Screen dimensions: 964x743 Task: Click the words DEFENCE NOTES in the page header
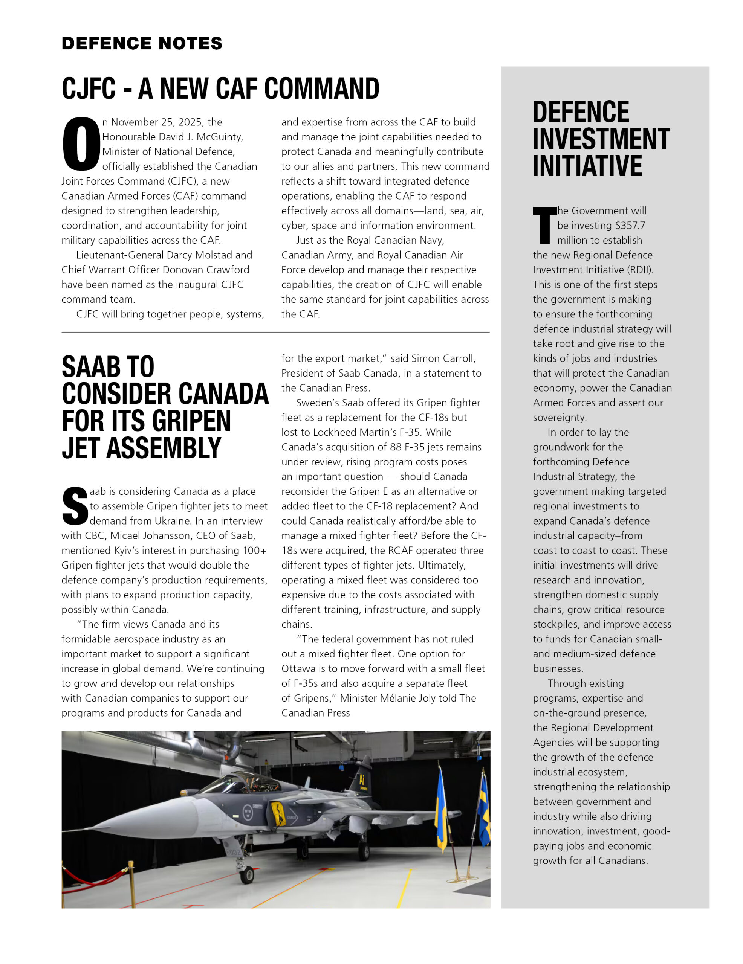coord(142,43)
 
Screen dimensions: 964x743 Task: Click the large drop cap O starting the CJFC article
coord(81,144)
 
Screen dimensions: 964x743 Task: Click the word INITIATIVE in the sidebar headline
coord(587,166)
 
